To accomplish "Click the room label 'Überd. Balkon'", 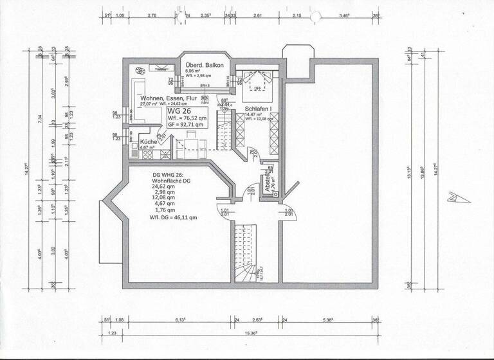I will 204,66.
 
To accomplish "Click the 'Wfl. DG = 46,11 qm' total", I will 173,217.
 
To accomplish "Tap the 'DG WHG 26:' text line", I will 170,175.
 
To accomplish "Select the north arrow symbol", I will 459,197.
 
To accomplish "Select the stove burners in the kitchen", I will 165,154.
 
